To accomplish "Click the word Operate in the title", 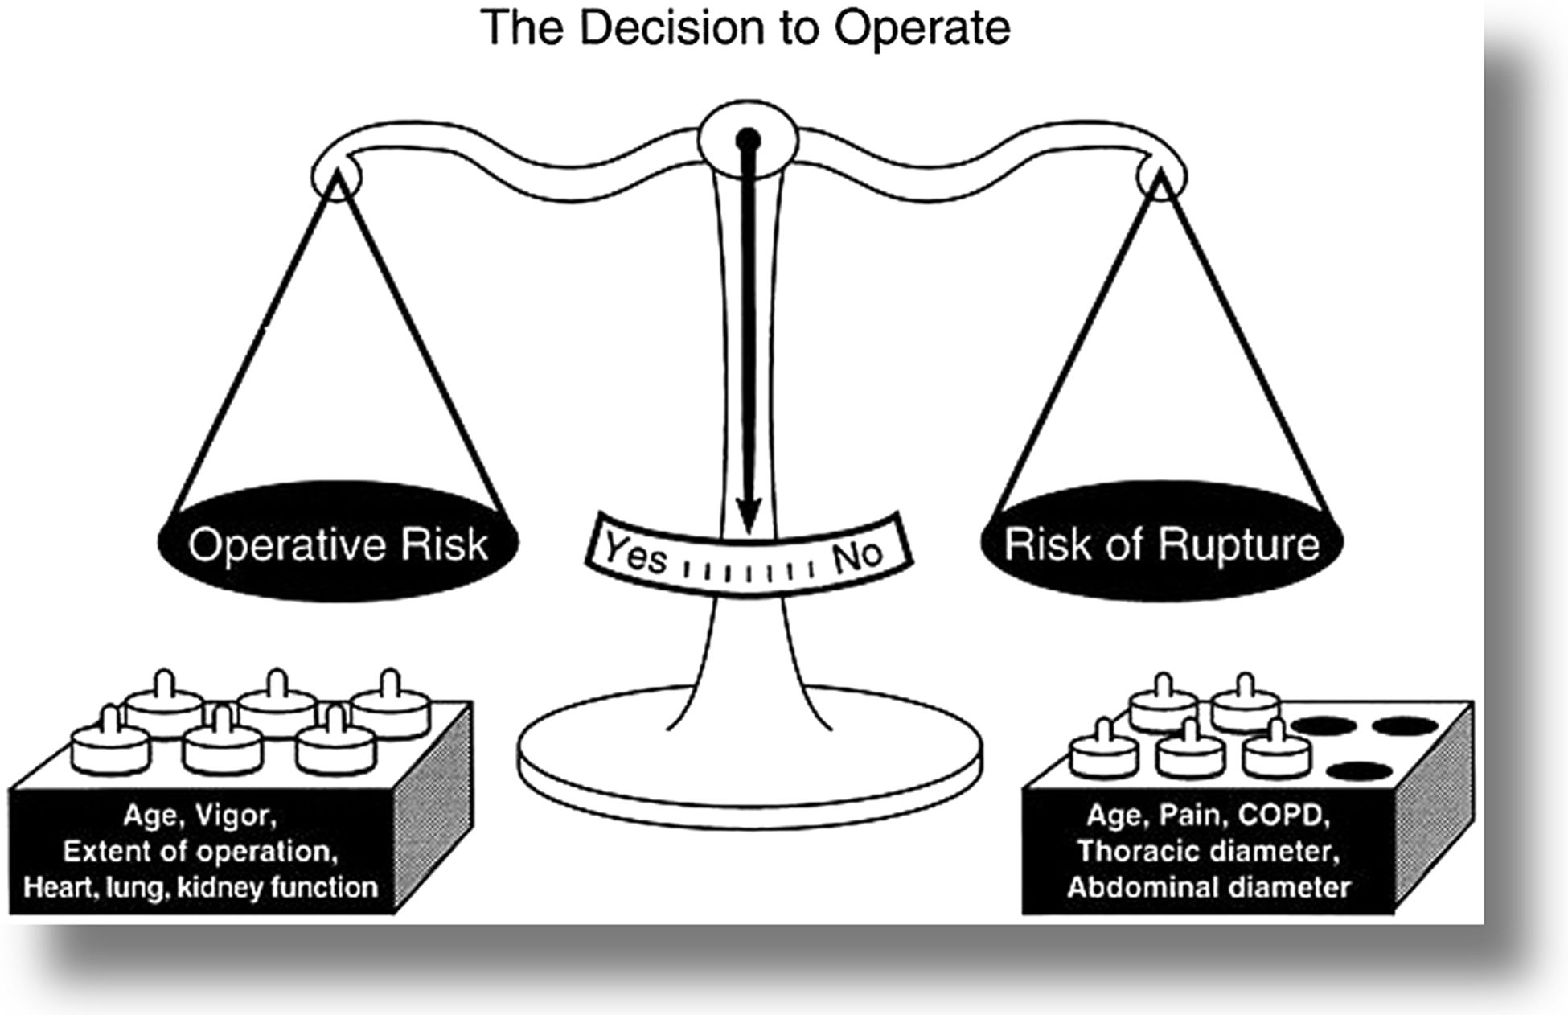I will coord(922,28).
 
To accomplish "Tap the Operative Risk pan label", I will coord(338,544).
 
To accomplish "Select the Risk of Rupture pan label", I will coord(1161,544).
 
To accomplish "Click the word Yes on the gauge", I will coord(635,553).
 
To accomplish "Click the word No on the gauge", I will coord(858,553).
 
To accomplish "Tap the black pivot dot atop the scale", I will coord(748,140).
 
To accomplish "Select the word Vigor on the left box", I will coord(236,816).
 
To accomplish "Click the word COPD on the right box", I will coord(1283,816).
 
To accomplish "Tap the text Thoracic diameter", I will coord(1209,852).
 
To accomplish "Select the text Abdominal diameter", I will coord(1209,888).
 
